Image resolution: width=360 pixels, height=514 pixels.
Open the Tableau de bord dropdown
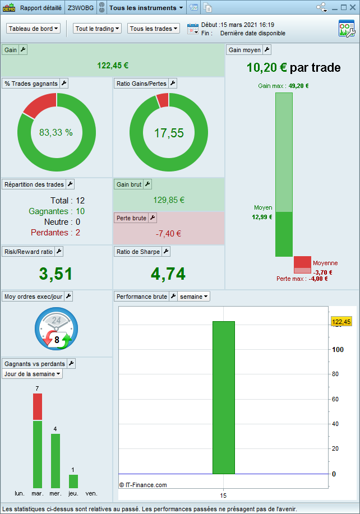34,29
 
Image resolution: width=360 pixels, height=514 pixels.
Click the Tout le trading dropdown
97,29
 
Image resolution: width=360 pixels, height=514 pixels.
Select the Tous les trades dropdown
154,29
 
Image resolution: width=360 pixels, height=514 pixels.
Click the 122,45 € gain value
113,65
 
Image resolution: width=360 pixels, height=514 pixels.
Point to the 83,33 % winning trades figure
56,133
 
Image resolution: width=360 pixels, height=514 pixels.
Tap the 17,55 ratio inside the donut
169,133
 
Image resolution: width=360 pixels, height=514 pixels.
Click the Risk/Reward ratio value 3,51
56,274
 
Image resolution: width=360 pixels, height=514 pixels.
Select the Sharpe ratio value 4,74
168,274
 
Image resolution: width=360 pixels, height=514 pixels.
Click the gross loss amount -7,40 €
168,234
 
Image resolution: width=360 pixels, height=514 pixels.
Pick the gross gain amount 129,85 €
169,200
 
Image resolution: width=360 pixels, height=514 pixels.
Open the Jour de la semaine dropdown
33,374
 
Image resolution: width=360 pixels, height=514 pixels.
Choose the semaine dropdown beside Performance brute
194,297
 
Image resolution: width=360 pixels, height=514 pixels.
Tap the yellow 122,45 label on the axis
341,322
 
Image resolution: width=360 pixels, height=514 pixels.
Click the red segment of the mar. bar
38,407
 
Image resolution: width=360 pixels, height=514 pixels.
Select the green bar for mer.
56,460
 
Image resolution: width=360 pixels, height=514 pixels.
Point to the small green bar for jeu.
73,481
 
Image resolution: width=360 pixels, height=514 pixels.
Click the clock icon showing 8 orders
57,329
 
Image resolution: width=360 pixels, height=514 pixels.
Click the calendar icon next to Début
193,29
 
